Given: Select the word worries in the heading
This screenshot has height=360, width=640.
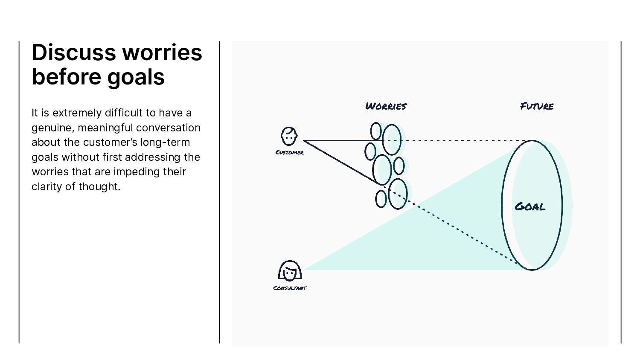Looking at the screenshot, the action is point(162,52).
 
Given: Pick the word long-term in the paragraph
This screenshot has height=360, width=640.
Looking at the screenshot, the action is point(165,142).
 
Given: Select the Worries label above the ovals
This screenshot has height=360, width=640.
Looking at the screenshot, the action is point(386,106).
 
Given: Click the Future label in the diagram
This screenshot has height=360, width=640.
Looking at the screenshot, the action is point(537,106).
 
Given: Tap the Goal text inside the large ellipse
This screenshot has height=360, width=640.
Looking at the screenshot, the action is point(530,207).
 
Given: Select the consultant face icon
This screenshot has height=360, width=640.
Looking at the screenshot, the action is point(290,270).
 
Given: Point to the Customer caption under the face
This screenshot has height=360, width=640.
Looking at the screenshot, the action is point(290,153).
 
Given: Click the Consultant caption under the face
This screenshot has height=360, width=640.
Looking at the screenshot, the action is point(290,288).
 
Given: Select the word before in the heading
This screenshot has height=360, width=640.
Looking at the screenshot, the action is point(66,77).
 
